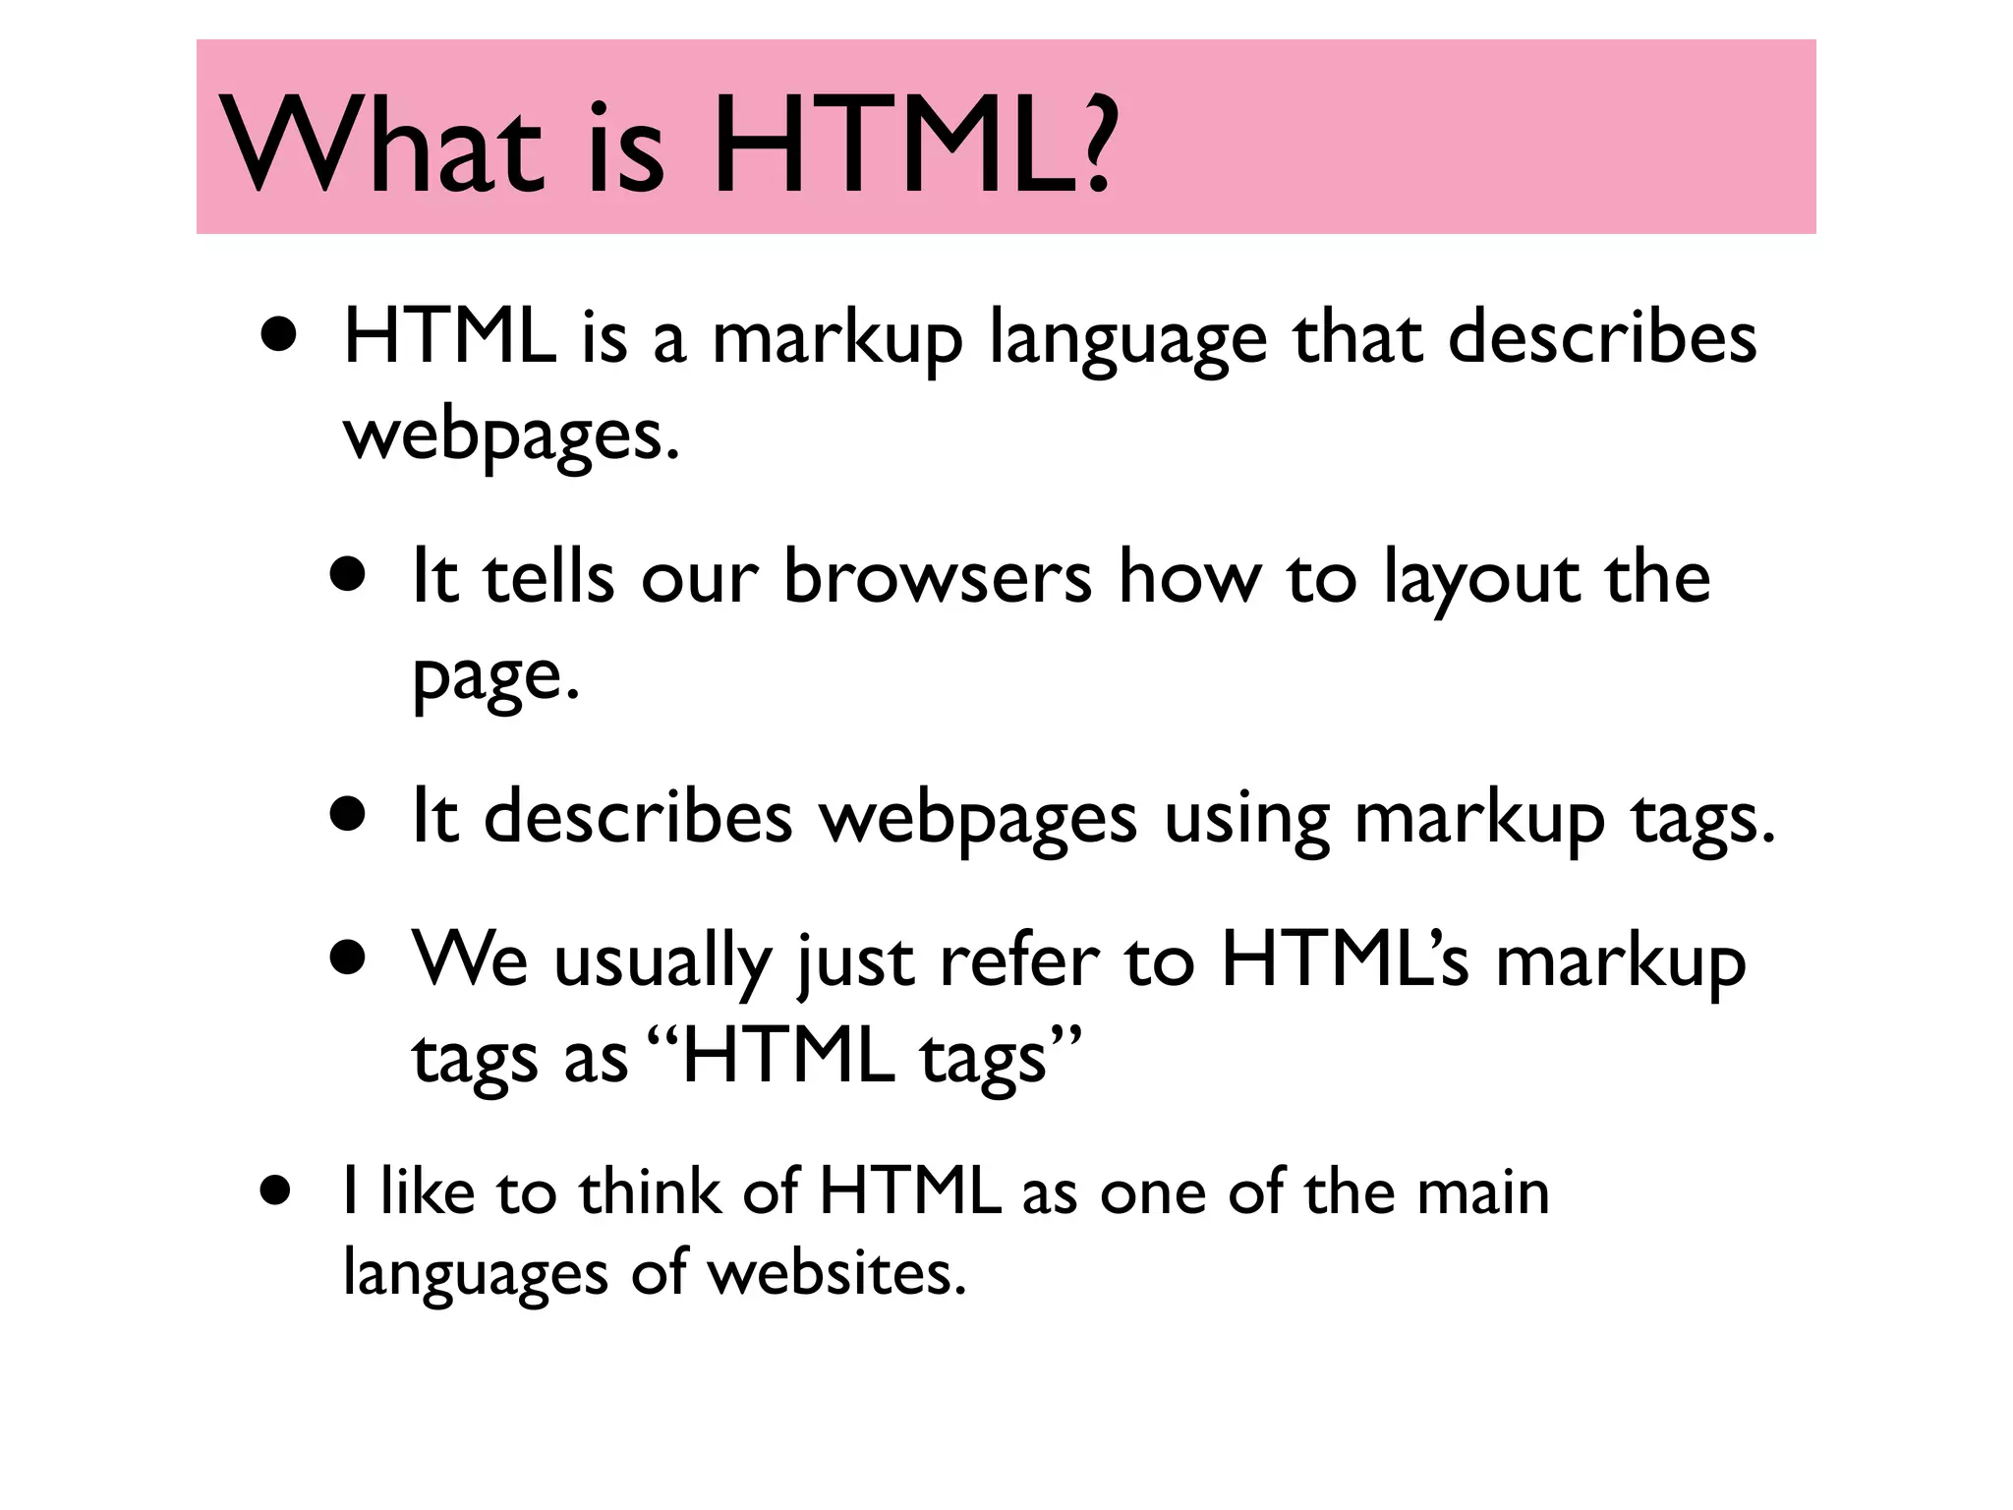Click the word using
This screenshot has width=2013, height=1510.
pos(1246,819)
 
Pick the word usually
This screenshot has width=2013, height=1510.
pos(662,961)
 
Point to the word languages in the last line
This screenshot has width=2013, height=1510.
pos(475,1274)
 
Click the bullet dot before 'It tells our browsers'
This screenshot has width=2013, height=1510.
pos(348,574)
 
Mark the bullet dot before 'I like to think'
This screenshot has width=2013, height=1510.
pos(277,1191)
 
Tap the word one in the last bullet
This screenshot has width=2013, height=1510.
pos(1152,1193)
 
